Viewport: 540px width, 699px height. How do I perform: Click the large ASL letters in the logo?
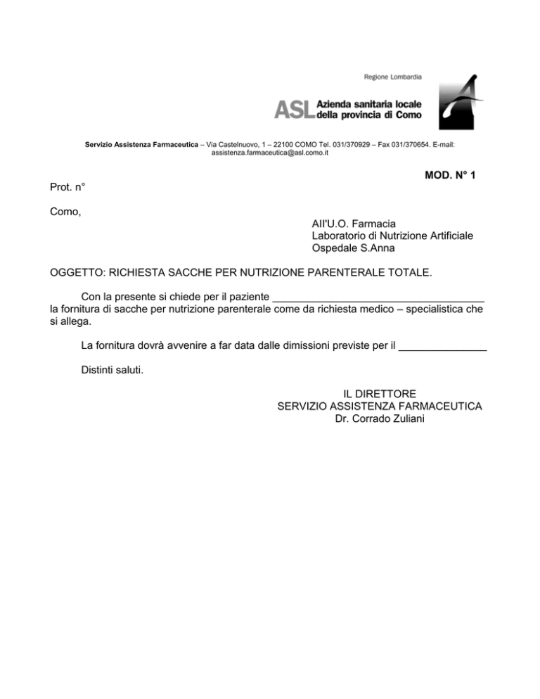294,108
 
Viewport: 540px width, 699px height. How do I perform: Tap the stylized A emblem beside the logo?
457,102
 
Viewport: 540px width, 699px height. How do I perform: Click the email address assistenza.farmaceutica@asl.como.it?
270,153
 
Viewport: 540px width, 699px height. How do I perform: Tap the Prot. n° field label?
68,188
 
